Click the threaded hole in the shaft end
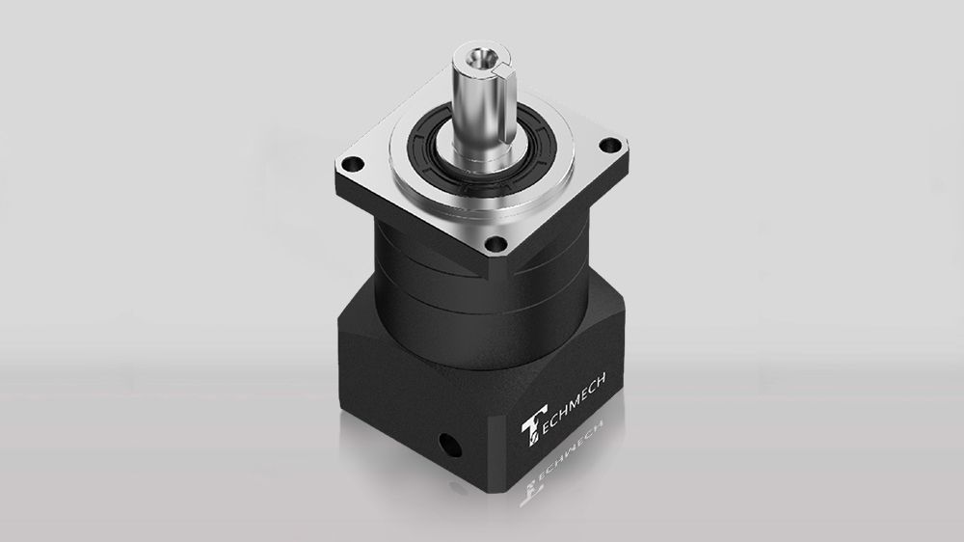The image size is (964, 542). [x=477, y=59]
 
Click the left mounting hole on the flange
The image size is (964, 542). [x=353, y=164]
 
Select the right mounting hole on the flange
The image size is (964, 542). [x=610, y=146]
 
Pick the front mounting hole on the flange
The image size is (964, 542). [x=496, y=244]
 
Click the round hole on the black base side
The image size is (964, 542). [x=450, y=445]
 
